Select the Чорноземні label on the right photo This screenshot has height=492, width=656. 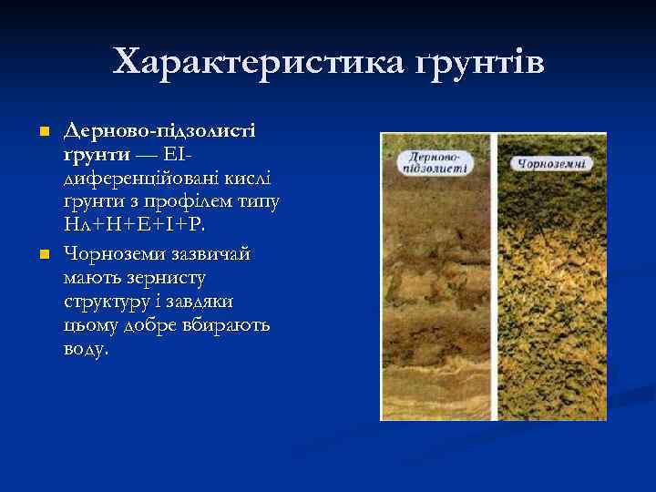[x=550, y=164]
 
